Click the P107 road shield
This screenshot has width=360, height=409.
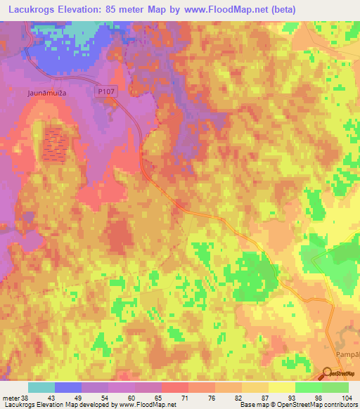[105, 91]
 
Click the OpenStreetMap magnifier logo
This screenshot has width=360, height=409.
[328, 373]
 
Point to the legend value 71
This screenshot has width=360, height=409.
[165, 397]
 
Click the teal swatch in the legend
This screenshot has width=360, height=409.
[41, 387]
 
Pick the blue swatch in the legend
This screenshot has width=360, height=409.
[68, 387]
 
